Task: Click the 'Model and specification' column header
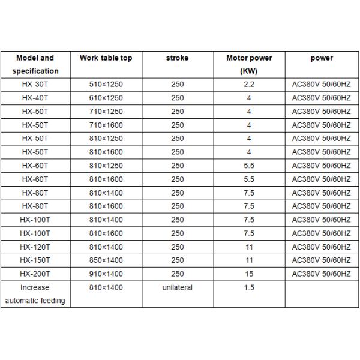35,64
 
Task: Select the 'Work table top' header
106,58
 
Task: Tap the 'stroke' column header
177,58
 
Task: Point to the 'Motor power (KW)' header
249,64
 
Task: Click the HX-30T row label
35,85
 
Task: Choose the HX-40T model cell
35,98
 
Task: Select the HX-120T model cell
35,247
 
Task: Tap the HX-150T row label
35,260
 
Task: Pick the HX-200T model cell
35,274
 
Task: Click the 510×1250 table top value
106,85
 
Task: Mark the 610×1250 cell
106,98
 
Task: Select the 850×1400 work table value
106,260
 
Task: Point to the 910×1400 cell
106,274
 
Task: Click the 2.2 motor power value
249,85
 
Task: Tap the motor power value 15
249,274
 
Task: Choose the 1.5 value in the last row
249,288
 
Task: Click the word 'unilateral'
177,288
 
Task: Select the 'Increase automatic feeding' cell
35,294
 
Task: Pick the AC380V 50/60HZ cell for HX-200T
321,274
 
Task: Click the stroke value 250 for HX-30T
177,85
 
